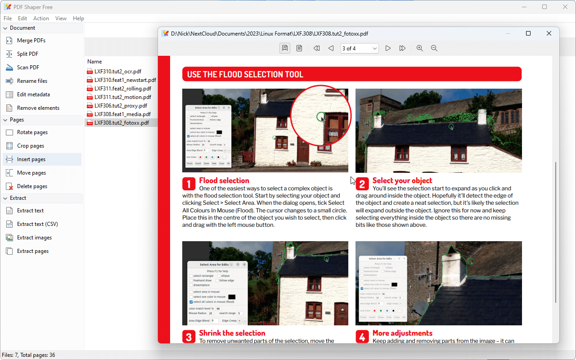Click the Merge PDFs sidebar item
click(x=31, y=40)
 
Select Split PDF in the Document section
click(x=27, y=54)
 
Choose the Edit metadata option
click(x=33, y=94)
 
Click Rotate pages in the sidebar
click(x=32, y=132)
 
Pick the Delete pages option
click(x=32, y=186)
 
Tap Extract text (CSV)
click(x=37, y=224)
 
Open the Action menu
click(x=41, y=18)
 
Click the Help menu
click(x=78, y=18)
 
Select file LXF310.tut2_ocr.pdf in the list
click(x=117, y=72)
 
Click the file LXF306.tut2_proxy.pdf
click(x=120, y=106)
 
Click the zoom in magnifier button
click(x=419, y=48)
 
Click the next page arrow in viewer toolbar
click(x=388, y=48)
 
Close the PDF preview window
click(x=549, y=33)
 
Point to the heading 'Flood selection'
click(x=224, y=180)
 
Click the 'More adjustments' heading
click(x=402, y=333)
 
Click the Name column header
click(x=94, y=62)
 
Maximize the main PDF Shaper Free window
click(x=544, y=7)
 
